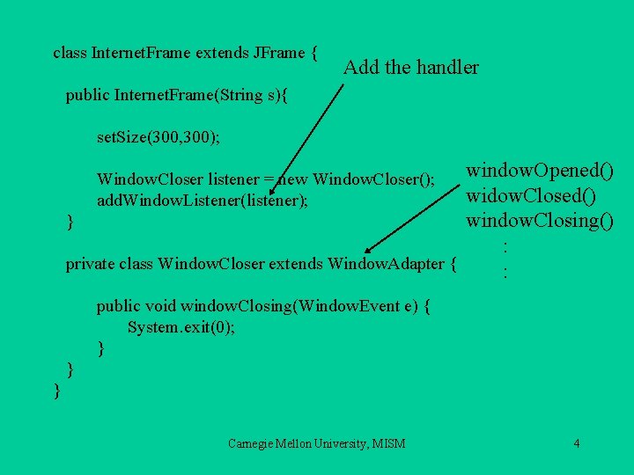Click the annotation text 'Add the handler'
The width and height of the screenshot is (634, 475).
tap(410, 67)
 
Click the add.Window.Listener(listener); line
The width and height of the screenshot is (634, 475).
tap(203, 201)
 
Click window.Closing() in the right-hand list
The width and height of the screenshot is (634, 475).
tap(540, 220)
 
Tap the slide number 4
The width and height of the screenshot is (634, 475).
tap(576, 442)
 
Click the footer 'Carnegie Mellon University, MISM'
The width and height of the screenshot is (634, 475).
tap(316, 443)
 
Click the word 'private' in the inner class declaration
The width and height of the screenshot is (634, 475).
tap(88, 263)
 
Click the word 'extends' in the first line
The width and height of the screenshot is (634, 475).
tap(222, 53)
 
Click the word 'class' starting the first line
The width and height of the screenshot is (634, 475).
tap(70, 53)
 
